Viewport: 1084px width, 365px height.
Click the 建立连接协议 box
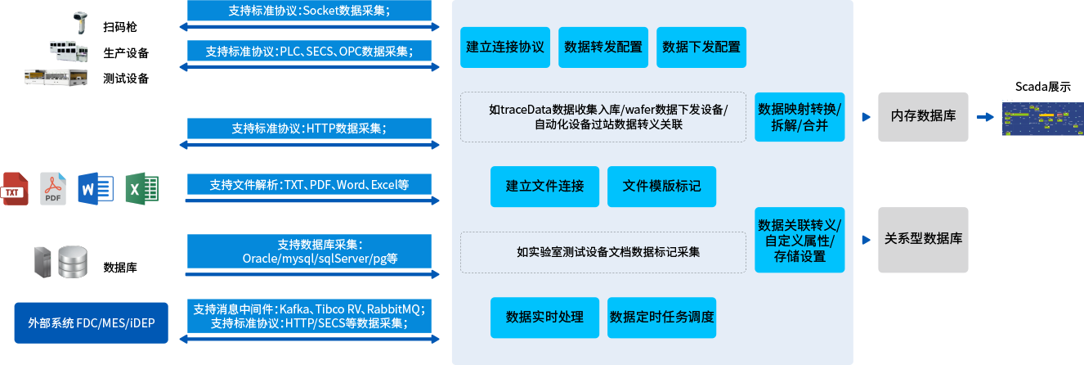505,47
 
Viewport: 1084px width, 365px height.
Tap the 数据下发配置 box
701,47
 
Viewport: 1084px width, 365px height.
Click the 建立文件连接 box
544,187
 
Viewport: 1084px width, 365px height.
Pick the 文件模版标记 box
661,187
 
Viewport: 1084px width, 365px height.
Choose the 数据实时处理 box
544,318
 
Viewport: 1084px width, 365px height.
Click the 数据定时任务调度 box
661,318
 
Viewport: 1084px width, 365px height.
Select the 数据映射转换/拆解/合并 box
800,117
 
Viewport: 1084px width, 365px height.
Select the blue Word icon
96,188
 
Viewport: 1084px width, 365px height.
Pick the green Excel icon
141,188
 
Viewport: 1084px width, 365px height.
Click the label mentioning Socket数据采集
310,11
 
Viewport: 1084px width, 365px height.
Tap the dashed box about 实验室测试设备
603,252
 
